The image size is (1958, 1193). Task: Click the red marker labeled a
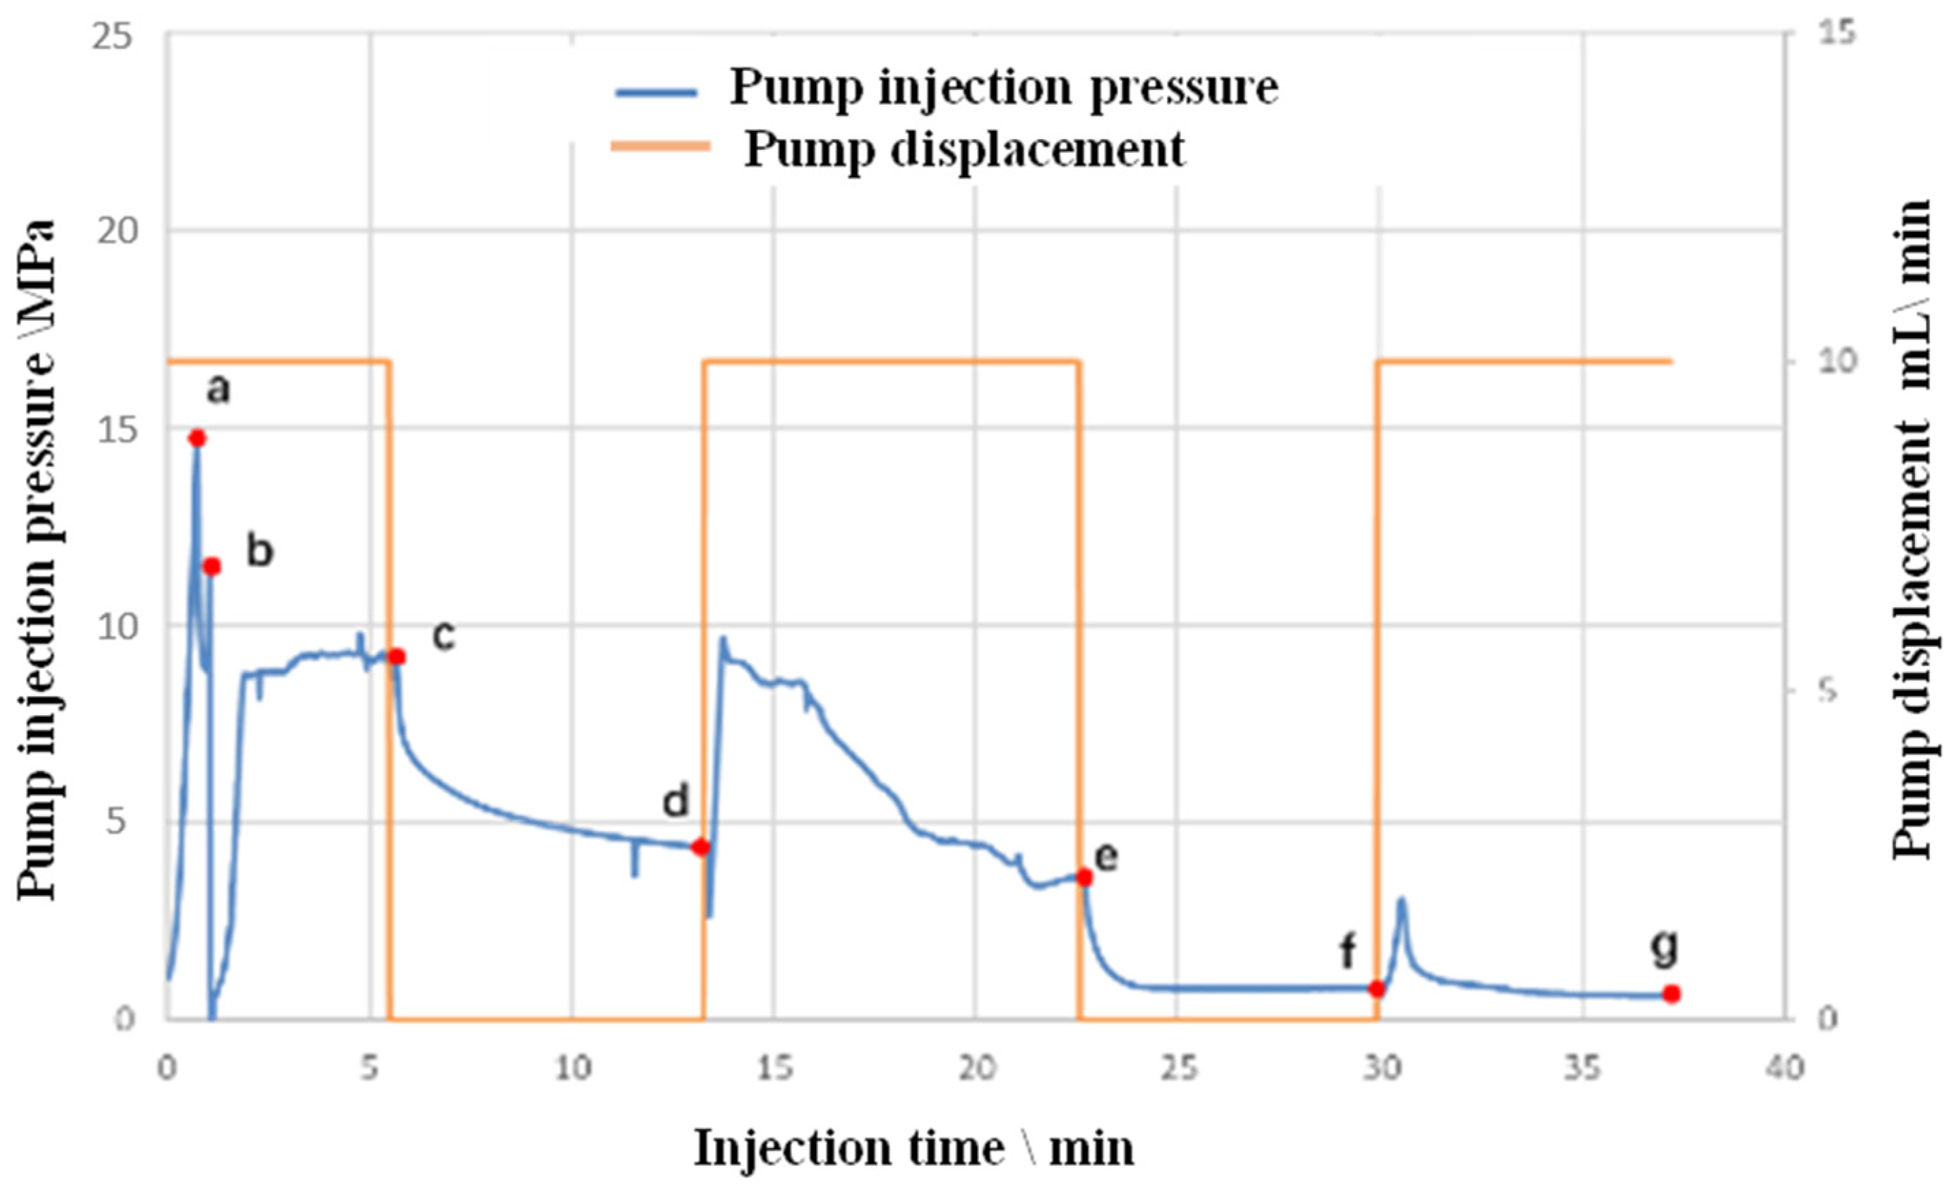197,438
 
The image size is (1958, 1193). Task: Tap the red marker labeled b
211,567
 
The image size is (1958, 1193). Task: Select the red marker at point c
397,657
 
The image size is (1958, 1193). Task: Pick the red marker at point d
700,847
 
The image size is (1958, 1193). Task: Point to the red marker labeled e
1085,877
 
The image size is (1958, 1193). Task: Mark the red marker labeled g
1671,994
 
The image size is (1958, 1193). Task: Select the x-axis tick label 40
1783,1069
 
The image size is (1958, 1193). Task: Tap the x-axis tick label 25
1177,1069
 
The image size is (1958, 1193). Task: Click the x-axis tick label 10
572,1069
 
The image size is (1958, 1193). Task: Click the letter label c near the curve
443,635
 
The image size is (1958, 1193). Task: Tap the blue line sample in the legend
656,92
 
